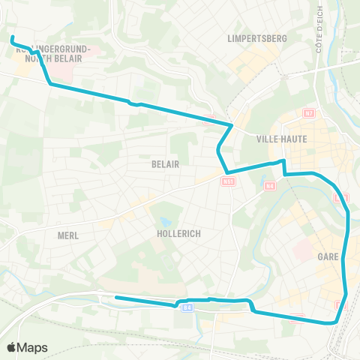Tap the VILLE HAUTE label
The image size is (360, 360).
pyautogui.click(x=277, y=138)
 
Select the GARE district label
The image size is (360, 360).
pyautogui.click(x=328, y=256)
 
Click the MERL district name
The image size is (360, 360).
pyautogui.click(x=67, y=235)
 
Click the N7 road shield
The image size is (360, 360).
pyautogui.click(x=307, y=112)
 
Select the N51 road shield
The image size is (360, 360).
pyautogui.click(x=228, y=181)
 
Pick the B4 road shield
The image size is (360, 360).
pyautogui.click(x=187, y=307)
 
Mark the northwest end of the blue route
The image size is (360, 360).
pyautogui.click(x=12, y=36)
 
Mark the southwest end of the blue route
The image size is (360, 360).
pyautogui.click(x=116, y=298)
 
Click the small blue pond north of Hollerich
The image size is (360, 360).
pyautogui.click(x=164, y=221)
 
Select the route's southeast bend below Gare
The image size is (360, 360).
pyautogui.click(x=334, y=322)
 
